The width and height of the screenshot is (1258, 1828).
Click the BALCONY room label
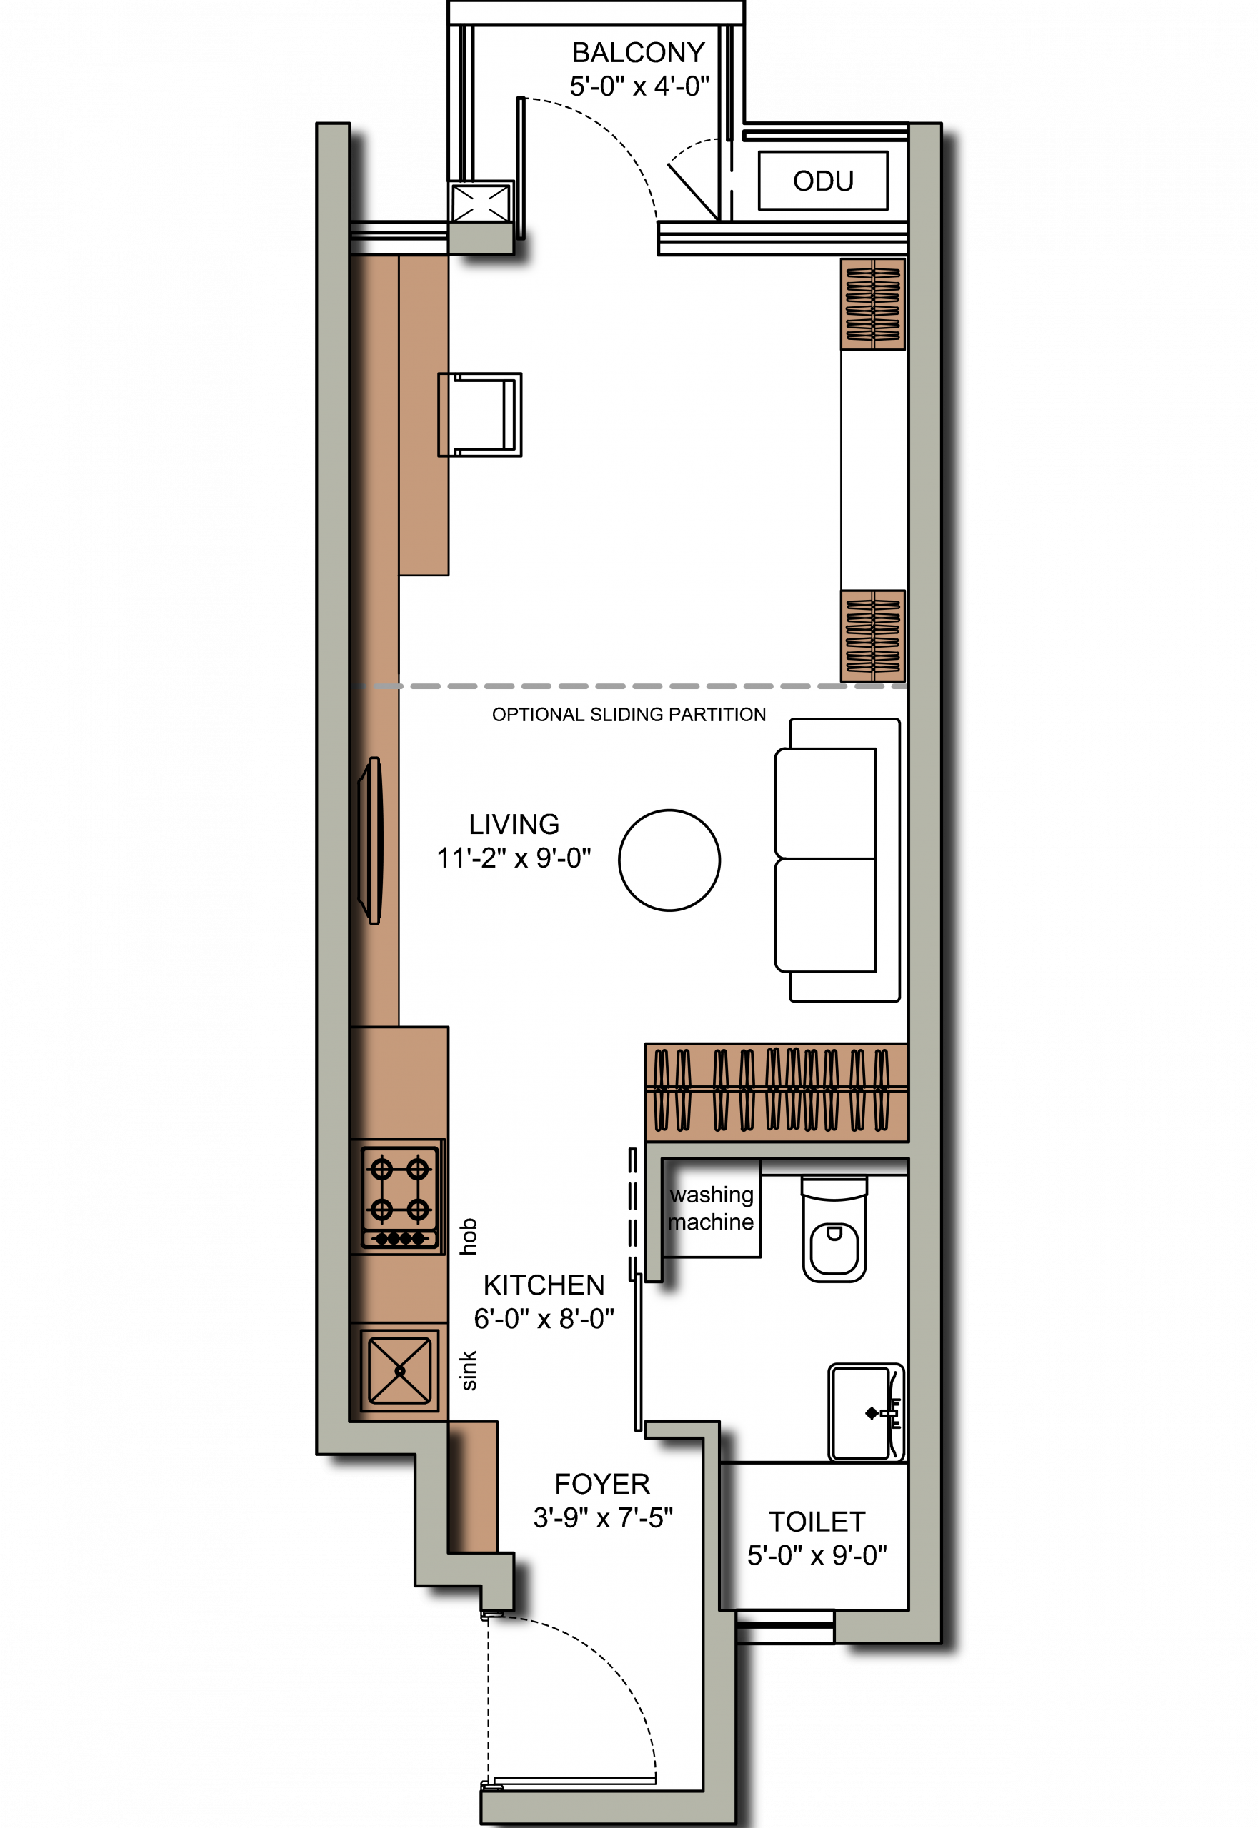639,53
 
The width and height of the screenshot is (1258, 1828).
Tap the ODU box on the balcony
823,181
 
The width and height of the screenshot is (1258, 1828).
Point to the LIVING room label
514,824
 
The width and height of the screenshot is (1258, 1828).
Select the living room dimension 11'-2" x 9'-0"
514,858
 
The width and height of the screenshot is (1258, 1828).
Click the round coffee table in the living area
669,860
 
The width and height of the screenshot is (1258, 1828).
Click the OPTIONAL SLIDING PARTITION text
629,715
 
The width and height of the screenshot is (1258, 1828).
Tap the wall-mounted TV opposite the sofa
371,840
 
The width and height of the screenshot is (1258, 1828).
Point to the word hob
468,1236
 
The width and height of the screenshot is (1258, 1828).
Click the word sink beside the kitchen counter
468,1370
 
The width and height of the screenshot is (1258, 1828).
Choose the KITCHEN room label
544,1285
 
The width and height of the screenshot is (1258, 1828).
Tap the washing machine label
711,1208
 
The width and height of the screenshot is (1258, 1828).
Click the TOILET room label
817,1522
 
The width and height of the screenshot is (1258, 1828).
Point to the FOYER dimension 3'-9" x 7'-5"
603,1517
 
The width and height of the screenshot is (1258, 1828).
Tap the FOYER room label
602,1484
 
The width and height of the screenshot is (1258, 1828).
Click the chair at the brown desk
480,414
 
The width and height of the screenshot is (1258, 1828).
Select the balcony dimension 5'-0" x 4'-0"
639,86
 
